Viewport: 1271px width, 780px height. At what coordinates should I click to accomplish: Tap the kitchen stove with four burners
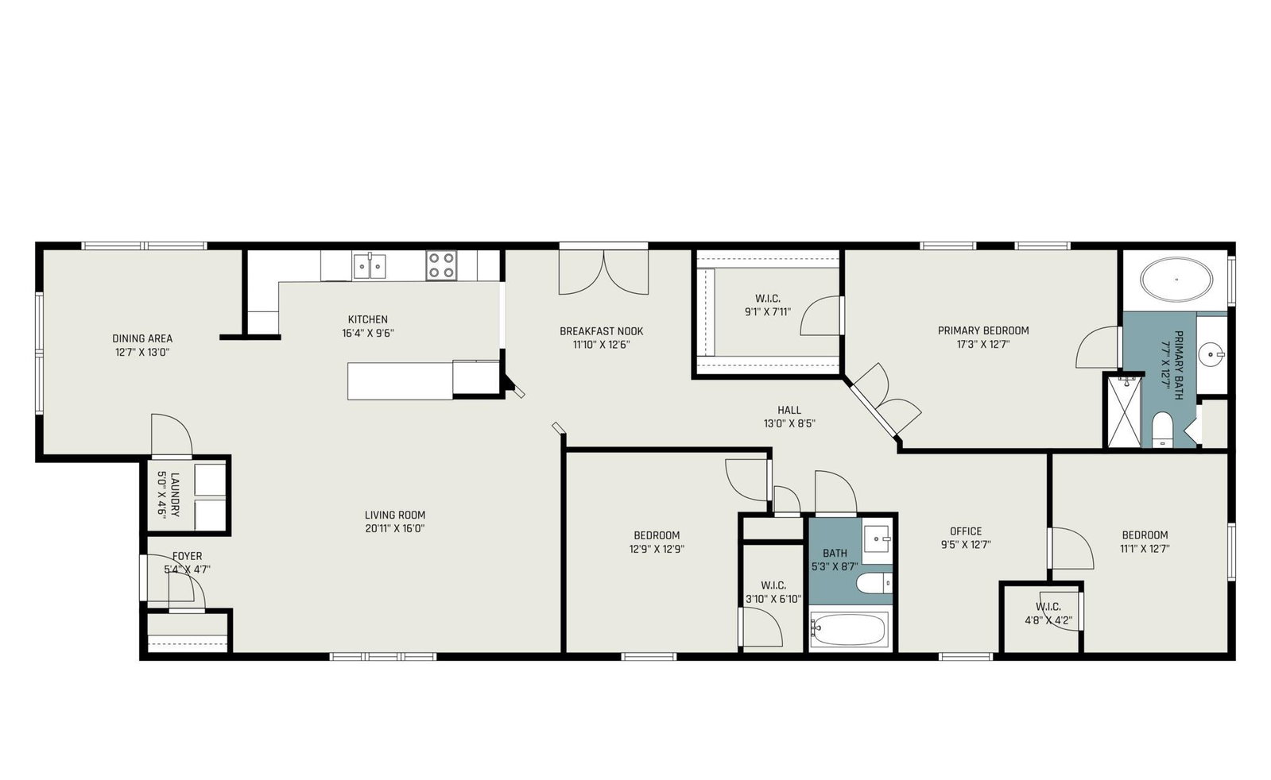tap(441, 265)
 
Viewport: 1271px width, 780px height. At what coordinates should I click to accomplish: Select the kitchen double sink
tap(370, 266)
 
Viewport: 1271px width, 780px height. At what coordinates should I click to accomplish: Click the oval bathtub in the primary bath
tap(1176, 280)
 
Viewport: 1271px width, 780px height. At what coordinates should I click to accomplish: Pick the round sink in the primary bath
tap(1211, 355)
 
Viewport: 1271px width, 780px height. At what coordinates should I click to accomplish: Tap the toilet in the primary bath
tap(1163, 430)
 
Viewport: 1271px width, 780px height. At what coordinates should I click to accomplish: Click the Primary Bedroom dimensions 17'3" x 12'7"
tap(983, 344)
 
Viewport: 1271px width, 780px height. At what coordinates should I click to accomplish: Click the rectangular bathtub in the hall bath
tap(849, 629)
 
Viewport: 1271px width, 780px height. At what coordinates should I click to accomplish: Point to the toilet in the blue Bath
tap(874, 583)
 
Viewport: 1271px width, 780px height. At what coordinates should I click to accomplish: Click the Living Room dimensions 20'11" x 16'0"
tap(395, 529)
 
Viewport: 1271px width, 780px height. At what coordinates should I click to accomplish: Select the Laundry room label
tap(169, 494)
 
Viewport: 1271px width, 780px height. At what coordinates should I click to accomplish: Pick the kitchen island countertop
tap(400, 381)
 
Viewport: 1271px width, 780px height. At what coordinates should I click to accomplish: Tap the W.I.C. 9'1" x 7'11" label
tap(768, 305)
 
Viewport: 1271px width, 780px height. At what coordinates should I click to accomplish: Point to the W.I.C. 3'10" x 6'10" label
tap(773, 592)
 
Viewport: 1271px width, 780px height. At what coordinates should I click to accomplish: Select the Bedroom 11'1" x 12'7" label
tap(1145, 542)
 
